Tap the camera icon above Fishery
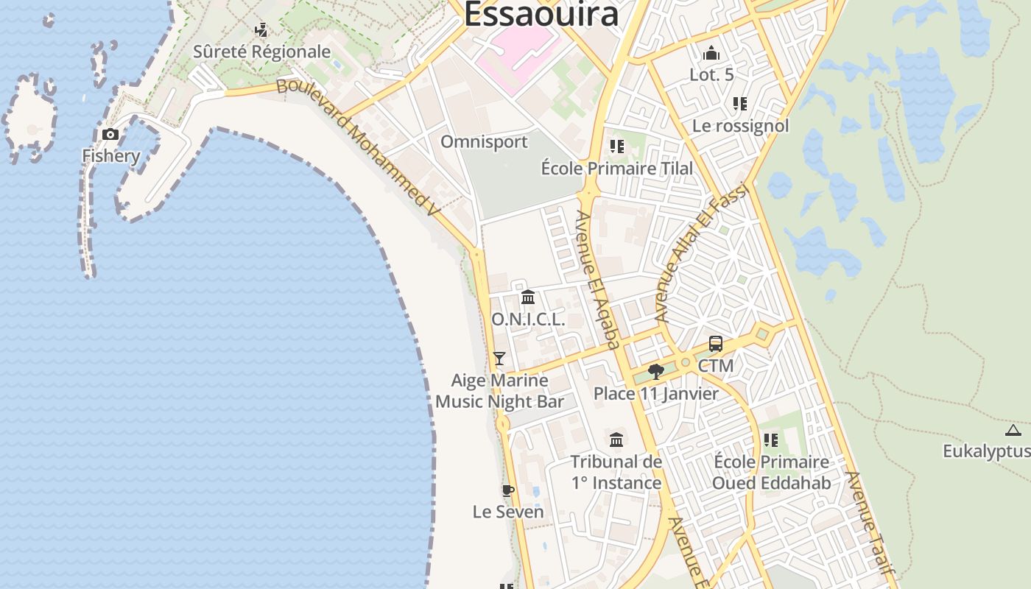point(110,134)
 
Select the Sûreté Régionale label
point(261,52)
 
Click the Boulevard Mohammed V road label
point(358,147)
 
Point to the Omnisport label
point(484,141)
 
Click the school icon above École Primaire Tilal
point(617,147)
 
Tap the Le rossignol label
point(740,126)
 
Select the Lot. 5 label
point(711,74)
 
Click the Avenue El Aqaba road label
point(597,279)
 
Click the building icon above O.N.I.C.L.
point(528,297)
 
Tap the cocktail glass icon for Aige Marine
point(499,359)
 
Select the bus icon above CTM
point(716,344)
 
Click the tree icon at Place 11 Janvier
point(655,372)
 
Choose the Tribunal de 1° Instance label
point(616,472)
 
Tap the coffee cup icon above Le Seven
point(507,490)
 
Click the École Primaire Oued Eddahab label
point(771,472)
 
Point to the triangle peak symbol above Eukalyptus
point(1013,431)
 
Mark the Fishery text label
point(110,156)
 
